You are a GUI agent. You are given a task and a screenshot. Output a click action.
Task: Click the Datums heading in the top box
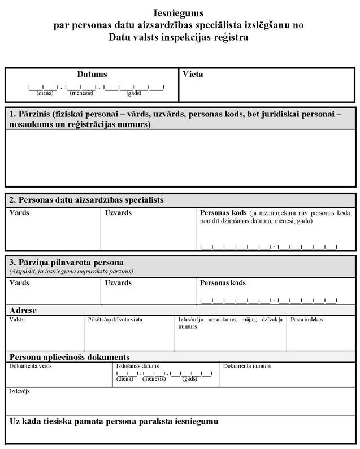(92, 74)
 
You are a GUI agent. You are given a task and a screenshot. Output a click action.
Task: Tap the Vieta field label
(193, 74)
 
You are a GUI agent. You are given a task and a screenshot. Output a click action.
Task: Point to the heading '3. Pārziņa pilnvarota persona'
(66, 262)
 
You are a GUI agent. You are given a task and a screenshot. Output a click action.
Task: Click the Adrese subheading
(23, 311)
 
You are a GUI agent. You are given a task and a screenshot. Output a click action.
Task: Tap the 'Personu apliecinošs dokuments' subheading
(70, 357)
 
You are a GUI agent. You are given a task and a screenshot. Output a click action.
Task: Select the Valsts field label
(17, 320)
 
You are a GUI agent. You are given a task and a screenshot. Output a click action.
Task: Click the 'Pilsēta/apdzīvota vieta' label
(115, 320)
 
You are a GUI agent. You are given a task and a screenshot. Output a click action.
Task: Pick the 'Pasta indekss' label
(307, 320)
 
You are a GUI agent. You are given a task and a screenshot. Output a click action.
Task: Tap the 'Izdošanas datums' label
(137, 366)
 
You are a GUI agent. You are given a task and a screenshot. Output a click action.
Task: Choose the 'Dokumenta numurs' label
(247, 366)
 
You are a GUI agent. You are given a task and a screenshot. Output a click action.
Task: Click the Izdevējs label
(19, 391)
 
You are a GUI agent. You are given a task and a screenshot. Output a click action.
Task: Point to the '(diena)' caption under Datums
(44, 93)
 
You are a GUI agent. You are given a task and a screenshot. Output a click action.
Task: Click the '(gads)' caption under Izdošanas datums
(189, 379)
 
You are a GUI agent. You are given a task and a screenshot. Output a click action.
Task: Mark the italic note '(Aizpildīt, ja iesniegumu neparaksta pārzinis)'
(71, 271)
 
